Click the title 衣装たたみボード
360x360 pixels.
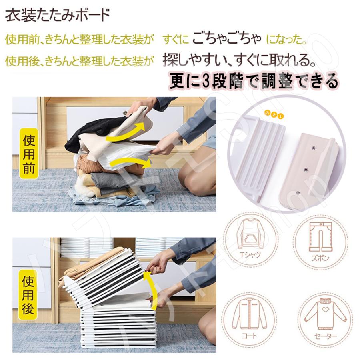tap(57, 17)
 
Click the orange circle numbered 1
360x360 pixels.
tap(280, 116)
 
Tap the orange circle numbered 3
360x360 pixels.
tap(268, 113)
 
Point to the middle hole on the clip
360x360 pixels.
tap(305, 170)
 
